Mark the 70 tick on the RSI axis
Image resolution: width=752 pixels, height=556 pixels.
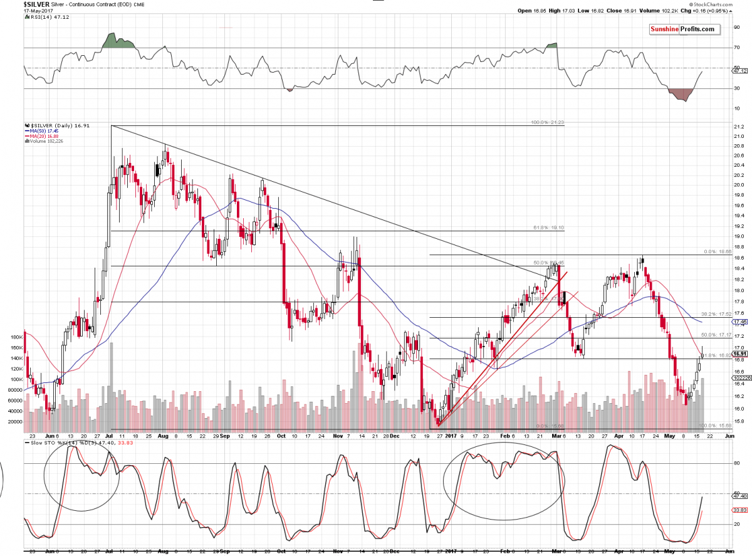(x=736, y=48)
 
